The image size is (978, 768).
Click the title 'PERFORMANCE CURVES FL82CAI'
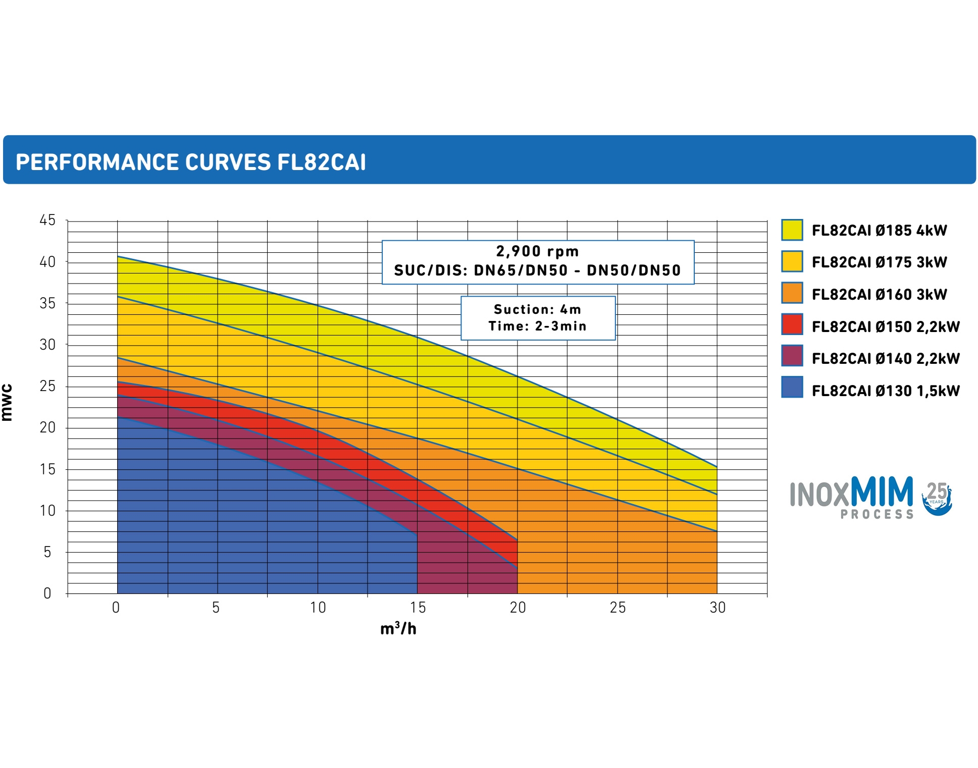(x=190, y=162)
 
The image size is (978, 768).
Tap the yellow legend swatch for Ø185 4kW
(x=792, y=230)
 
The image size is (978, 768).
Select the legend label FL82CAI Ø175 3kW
(x=879, y=262)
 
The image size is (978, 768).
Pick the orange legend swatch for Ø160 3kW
(x=792, y=293)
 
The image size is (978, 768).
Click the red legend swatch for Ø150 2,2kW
(x=792, y=324)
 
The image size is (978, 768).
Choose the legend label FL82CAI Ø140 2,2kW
(x=885, y=359)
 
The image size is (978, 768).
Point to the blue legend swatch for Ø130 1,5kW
(x=792, y=388)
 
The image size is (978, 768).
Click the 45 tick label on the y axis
(x=47, y=221)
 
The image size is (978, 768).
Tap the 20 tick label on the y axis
(x=47, y=428)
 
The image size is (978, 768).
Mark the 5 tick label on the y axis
(x=47, y=552)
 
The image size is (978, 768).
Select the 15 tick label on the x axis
(x=418, y=608)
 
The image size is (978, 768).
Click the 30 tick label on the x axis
(x=717, y=608)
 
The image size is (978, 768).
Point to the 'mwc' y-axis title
(x=7, y=403)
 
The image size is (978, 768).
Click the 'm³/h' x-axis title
(x=398, y=629)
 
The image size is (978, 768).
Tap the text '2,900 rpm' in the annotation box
(x=537, y=251)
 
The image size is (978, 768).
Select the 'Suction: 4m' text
(x=537, y=309)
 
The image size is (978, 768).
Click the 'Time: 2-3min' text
(x=537, y=326)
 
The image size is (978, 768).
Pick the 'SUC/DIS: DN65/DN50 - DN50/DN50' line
(x=537, y=270)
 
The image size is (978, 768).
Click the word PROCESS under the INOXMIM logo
(x=877, y=514)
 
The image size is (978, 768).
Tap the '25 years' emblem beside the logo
(x=937, y=499)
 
